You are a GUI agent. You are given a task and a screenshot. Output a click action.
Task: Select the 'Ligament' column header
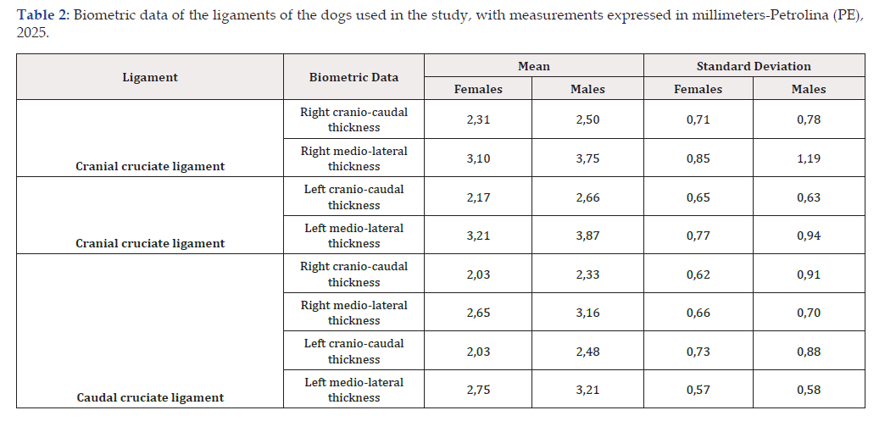point(150,77)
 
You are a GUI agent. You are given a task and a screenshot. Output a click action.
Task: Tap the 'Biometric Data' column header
point(353,77)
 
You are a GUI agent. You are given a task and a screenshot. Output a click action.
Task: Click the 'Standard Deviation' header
point(754,66)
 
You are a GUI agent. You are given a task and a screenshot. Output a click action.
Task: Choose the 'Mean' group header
point(534,66)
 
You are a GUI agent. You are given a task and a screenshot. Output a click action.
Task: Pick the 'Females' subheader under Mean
point(478,89)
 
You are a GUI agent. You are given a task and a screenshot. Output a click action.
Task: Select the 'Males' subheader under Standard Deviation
point(809,89)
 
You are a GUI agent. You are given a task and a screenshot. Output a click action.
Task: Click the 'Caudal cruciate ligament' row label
point(150,397)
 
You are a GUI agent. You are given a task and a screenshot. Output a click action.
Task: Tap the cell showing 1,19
point(809,158)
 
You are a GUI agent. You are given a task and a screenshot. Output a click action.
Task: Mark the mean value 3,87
point(587,236)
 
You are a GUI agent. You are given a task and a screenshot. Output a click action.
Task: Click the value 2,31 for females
point(478,120)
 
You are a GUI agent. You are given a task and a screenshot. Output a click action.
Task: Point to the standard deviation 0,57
point(698,390)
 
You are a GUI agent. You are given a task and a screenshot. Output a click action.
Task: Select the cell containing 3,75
point(587,158)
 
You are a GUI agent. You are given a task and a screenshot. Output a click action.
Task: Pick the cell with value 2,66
point(587,197)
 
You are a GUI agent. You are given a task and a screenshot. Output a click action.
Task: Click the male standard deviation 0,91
point(809,274)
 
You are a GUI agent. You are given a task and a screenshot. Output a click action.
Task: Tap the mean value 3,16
point(587,313)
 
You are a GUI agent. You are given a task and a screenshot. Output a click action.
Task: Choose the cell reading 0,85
point(698,158)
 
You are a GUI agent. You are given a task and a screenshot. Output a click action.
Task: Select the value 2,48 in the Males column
point(587,352)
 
